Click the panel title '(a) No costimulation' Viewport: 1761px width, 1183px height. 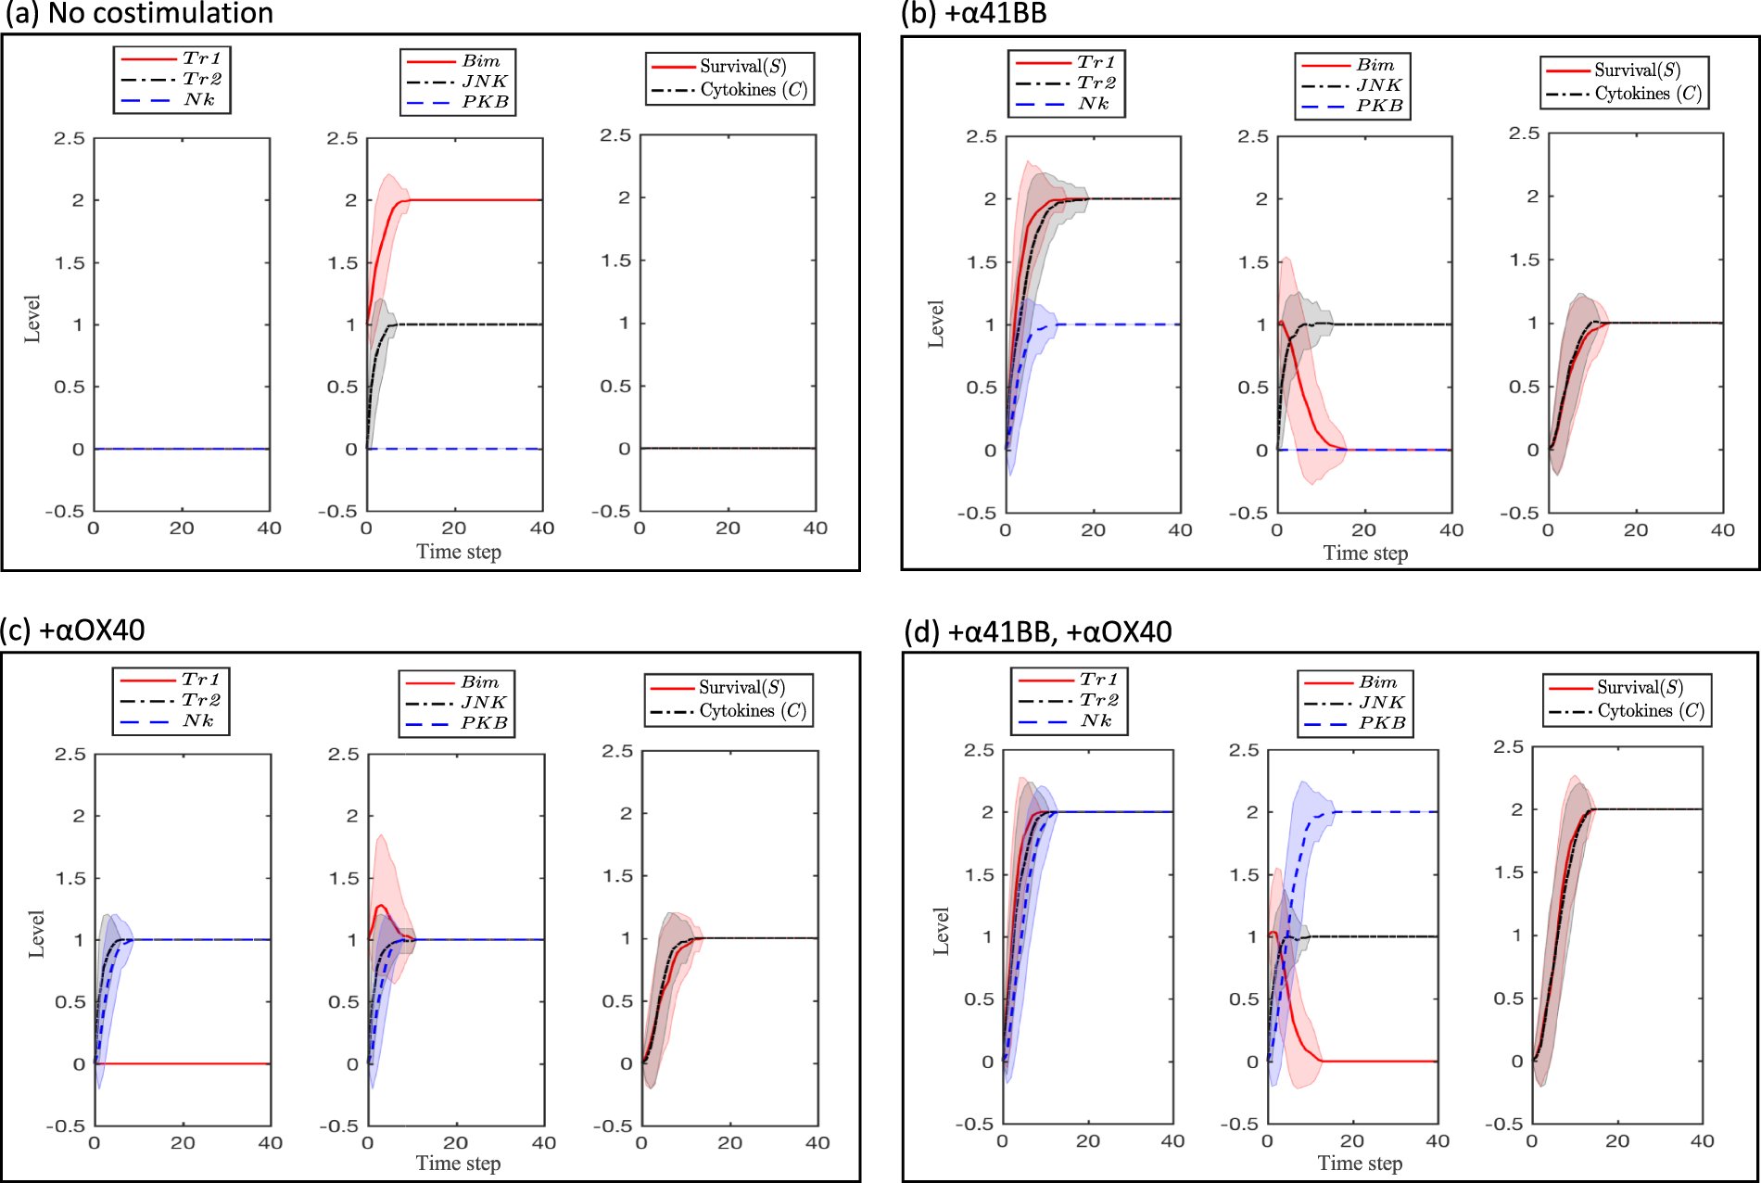[139, 13]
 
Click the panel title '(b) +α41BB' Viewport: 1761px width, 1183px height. [973, 13]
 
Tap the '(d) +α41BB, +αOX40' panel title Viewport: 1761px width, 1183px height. [1037, 632]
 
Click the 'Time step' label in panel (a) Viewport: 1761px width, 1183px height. [458, 553]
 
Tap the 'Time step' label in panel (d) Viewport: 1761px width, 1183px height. [1360, 1164]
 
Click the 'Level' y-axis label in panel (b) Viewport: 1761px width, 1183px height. [936, 324]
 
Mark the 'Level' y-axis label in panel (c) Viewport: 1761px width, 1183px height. [36, 934]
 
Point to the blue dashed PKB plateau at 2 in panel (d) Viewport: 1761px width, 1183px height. [1390, 812]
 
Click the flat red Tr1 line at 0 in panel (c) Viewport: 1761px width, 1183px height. [185, 1063]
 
